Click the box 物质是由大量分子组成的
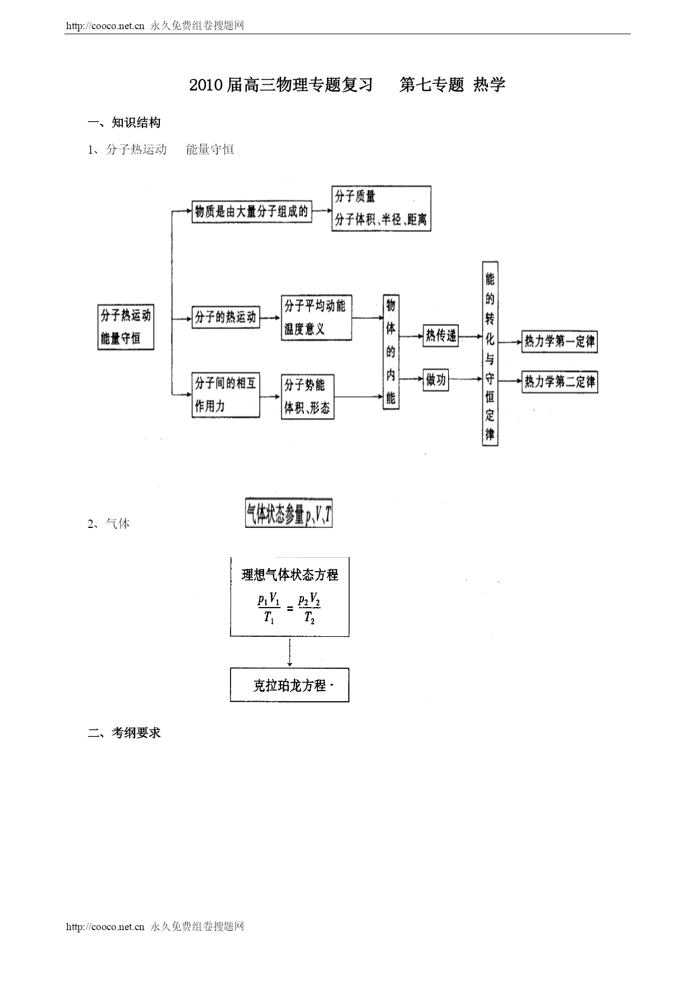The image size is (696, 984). pyautogui.click(x=252, y=212)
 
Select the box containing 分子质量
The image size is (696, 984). pyautogui.click(x=381, y=209)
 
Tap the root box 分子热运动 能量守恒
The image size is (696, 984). pyautogui.click(x=126, y=327)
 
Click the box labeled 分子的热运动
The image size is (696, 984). pyautogui.click(x=225, y=318)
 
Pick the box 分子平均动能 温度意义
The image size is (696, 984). pyautogui.click(x=316, y=318)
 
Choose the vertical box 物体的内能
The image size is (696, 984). pyautogui.click(x=391, y=352)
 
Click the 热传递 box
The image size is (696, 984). pyautogui.click(x=441, y=336)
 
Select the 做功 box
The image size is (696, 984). pyautogui.click(x=436, y=380)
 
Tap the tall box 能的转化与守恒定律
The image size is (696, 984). pyautogui.click(x=490, y=353)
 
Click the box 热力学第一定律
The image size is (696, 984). pyautogui.click(x=560, y=342)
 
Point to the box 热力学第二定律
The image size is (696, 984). pyautogui.click(x=560, y=383)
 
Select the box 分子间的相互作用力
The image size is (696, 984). pyautogui.click(x=225, y=395)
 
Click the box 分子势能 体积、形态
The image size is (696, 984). pyautogui.click(x=307, y=397)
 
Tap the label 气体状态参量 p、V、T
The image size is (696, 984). pyautogui.click(x=289, y=514)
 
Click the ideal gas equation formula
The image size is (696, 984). pyautogui.click(x=289, y=609)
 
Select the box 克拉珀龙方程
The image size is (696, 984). pyautogui.click(x=289, y=685)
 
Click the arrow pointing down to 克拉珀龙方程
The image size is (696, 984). pyautogui.click(x=289, y=652)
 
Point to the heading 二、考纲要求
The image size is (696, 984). pyautogui.click(x=125, y=733)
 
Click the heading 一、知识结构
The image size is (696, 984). pyautogui.click(x=125, y=123)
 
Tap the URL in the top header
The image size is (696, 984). pyautogui.click(x=105, y=26)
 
